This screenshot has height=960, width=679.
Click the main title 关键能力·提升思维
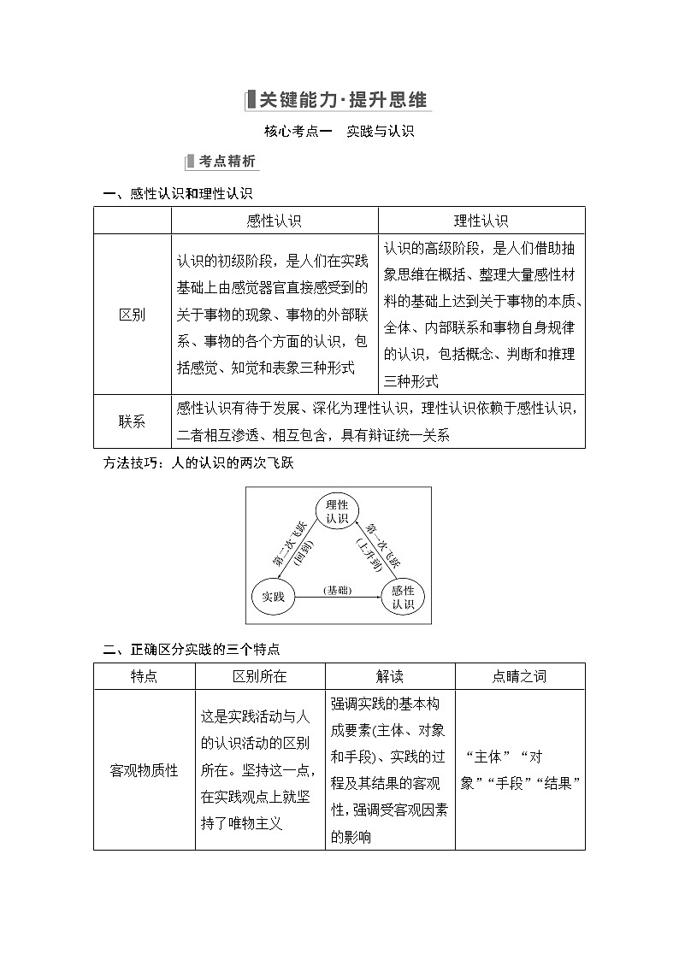pyautogui.click(x=339, y=99)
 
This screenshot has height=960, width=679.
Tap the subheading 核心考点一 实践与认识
pyautogui.click(x=339, y=132)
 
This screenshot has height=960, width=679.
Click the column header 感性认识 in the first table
pyautogui.click(x=274, y=221)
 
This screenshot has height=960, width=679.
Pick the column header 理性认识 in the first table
pyautogui.click(x=481, y=221)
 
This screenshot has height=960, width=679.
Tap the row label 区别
pyautogui.click(x=132, y=314)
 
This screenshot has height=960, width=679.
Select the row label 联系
pyautogui.click(x=132, y=421)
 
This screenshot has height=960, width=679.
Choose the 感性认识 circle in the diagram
pyautogui.click(x=403, y=597)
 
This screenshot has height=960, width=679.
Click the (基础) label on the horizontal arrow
pyautogui.click(x=338, y=590)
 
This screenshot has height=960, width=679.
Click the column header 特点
pyautogui.click(x=144, y=675)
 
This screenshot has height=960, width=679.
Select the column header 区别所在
pyautogui.click(x=260, y=675)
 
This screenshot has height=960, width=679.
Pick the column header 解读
pyautogui.click(x=389, y=675)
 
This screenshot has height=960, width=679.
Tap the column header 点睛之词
pyautogui.click(x=519, y=675)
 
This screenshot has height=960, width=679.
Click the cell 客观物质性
pyautogui.click(x=144, y=769)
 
